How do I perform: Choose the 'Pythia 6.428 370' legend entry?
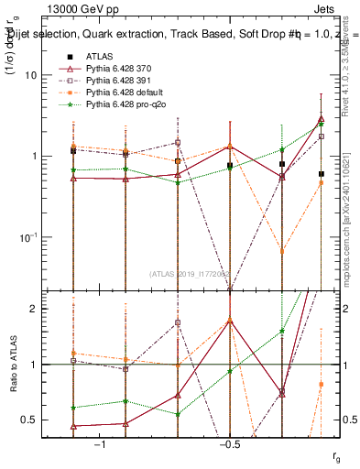[x=118, y=69]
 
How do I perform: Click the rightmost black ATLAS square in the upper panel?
[x=322, y=174]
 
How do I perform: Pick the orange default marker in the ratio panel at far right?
[x=322, y=384]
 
